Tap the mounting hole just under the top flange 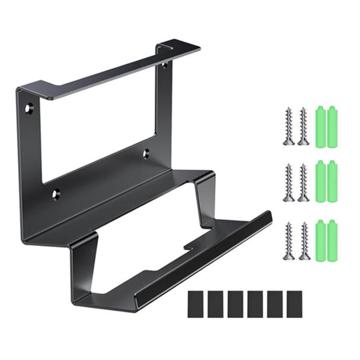[x=164, y=66]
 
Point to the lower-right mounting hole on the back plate [x=147, y=153]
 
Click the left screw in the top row [x=289, y=126]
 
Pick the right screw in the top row [x=303, y=126]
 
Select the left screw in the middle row [x=289, y=182]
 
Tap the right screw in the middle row [x=303, y=182]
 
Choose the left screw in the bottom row [x=289, y=241]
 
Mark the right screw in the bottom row [x=303, y=241]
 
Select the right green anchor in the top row [x=333, y=124]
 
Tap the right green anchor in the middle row [x=333, y=180]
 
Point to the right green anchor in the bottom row [x=333, y=238]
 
